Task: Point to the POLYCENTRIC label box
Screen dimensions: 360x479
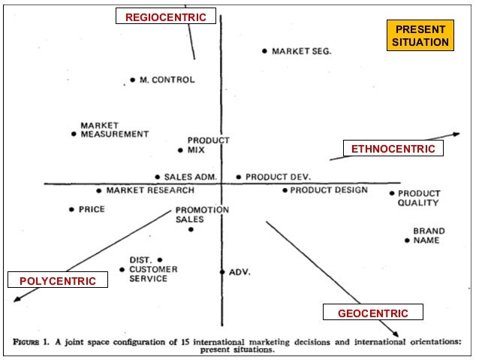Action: coord(58,281)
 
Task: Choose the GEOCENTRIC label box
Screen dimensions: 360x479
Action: coord(373,313)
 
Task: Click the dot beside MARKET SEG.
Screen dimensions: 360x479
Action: coord(264,51)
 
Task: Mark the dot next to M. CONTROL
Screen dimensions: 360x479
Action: coord(133,80)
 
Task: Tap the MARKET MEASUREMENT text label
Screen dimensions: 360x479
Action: coord(114,129)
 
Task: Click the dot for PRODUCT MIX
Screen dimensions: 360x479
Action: coord(180,150)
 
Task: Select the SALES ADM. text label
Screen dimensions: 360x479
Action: coord(190,177)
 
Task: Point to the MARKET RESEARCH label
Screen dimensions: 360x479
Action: coord(149,190)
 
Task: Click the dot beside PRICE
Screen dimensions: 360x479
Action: coord(71,210)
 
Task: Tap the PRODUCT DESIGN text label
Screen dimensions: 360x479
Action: coord(329,190)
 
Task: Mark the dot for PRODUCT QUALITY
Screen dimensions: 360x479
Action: coord(392,193)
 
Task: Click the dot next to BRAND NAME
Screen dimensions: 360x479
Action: coord(407,241)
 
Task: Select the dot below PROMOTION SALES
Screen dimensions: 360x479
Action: coord(191,229)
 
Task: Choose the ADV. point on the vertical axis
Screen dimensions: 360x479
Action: coord(222,272)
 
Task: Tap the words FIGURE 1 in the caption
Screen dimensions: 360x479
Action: coord(38,341)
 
